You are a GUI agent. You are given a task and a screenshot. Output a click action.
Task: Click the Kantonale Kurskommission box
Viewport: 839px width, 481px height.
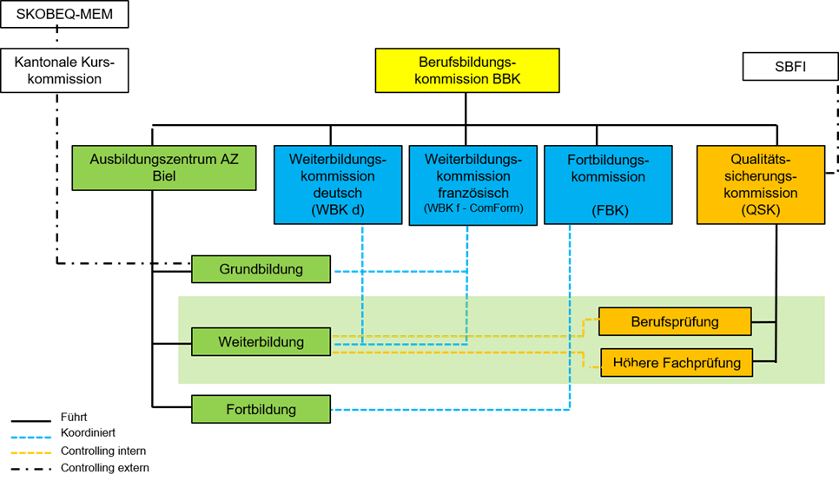65,71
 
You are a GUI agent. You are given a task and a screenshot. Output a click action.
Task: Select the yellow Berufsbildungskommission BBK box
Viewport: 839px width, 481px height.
466,71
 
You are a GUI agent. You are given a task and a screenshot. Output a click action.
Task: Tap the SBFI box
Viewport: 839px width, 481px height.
789,66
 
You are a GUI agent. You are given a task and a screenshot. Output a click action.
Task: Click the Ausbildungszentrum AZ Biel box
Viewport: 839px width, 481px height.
164,168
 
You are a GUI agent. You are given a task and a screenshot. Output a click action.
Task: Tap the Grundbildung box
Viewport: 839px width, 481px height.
261,269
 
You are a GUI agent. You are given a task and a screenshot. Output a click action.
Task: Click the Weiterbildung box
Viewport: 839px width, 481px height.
261,342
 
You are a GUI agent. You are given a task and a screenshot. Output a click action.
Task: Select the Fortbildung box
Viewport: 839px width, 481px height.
261,409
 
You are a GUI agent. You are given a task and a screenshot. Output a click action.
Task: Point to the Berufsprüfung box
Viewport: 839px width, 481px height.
675,322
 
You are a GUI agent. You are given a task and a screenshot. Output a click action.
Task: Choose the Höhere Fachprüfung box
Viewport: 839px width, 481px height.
677,362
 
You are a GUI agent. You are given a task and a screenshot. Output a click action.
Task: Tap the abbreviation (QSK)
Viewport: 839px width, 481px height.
761,209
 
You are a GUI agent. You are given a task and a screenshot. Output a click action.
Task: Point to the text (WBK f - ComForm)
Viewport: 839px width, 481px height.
472,208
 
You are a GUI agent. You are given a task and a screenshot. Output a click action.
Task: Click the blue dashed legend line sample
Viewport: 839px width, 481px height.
31,438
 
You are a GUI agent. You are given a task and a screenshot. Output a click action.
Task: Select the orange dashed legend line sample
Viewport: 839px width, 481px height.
31,452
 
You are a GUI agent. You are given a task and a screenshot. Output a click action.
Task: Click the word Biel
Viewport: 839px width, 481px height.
164,176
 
